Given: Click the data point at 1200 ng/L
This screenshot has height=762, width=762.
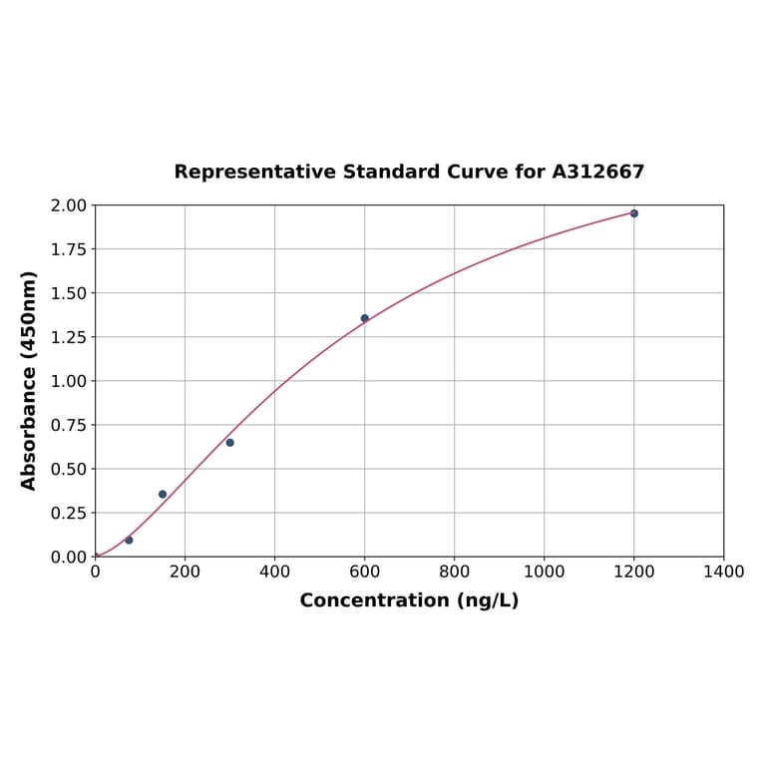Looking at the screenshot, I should point(633,213).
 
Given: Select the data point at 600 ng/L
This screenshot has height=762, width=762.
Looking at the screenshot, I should point(364,318).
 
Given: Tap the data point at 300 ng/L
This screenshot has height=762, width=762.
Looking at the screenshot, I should point(229,443).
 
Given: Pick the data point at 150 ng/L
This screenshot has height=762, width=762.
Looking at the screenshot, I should point(163,495).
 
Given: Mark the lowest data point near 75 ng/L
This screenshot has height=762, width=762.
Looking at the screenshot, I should point(129,540).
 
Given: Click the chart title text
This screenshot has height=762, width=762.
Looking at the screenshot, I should point(409,173).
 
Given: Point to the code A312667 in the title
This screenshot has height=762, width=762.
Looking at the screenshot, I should point(598,173).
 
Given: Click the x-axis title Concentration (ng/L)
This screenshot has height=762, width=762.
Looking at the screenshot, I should point(409,600).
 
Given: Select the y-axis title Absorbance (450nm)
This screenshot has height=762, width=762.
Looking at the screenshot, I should point(29,380).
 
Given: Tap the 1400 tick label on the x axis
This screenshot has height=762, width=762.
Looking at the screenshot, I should point(723,571).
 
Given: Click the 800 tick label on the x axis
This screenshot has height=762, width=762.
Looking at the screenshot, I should point(454,571).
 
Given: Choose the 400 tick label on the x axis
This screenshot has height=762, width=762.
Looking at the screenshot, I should point(274,571).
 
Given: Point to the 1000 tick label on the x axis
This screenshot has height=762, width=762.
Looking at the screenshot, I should point(544,571).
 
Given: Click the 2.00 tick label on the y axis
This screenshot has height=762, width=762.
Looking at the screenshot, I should point(69,205).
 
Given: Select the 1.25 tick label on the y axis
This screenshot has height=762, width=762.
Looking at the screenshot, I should point(69,337).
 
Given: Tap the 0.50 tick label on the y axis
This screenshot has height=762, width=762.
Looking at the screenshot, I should point(69,469).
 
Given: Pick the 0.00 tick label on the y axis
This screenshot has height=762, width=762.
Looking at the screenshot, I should point(69,557).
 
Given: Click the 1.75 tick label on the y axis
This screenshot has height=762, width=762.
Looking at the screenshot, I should point(69,249).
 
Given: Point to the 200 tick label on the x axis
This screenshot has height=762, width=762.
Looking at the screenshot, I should point(185,571).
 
